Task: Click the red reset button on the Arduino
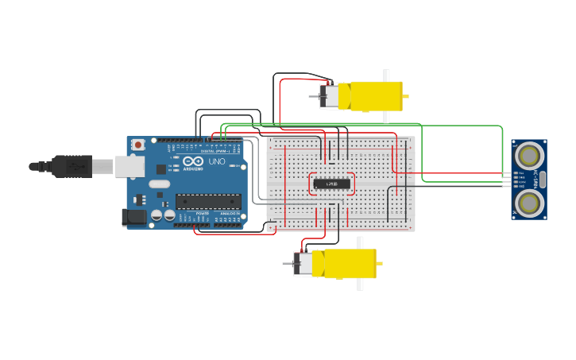coord(138,145)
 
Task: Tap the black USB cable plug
coord(72,167)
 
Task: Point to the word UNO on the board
coord(217,161)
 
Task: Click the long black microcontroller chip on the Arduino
coord(208,203)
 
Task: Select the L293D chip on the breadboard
coord(331,184)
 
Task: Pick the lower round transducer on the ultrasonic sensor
coord(528,203)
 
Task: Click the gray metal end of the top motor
coord(327,96)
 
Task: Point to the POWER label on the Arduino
coord(203,214)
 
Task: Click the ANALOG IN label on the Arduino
coord(228,214)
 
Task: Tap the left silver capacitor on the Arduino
coord(157,215)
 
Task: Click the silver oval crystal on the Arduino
coord(160,184)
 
